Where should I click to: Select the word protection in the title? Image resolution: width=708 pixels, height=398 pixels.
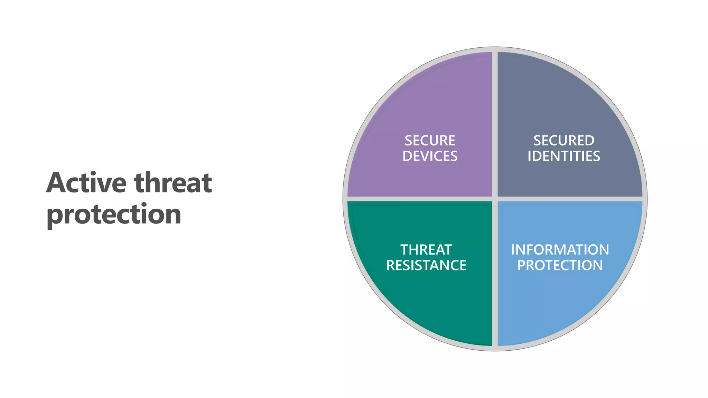(114, 214)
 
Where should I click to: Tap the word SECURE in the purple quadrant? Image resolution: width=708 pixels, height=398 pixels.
(430, 141)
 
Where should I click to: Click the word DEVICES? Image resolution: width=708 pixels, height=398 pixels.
(430, 156)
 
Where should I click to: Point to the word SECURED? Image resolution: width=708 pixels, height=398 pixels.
(563, 141)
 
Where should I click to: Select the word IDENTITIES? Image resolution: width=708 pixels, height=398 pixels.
(563, 156)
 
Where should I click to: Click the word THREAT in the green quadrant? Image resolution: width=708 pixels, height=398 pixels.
(426, 250)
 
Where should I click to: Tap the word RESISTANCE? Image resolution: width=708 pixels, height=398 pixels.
(426, 265)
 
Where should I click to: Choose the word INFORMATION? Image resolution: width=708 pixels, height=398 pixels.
(560, 250)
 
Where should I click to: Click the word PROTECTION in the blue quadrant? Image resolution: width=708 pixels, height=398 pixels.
(560, 265)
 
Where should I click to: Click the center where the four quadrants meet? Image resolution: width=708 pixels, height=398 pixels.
(495, 199)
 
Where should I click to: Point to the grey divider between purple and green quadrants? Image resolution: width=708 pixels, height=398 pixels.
(420, 199)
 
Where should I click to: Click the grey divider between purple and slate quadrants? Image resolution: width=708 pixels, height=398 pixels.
(495, 124)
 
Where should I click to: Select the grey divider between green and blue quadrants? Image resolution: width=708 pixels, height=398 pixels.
(495, 273)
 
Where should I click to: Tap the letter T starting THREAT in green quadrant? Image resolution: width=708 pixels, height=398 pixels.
(405, 250)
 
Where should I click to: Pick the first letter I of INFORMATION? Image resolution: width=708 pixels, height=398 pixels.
(513, 250)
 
